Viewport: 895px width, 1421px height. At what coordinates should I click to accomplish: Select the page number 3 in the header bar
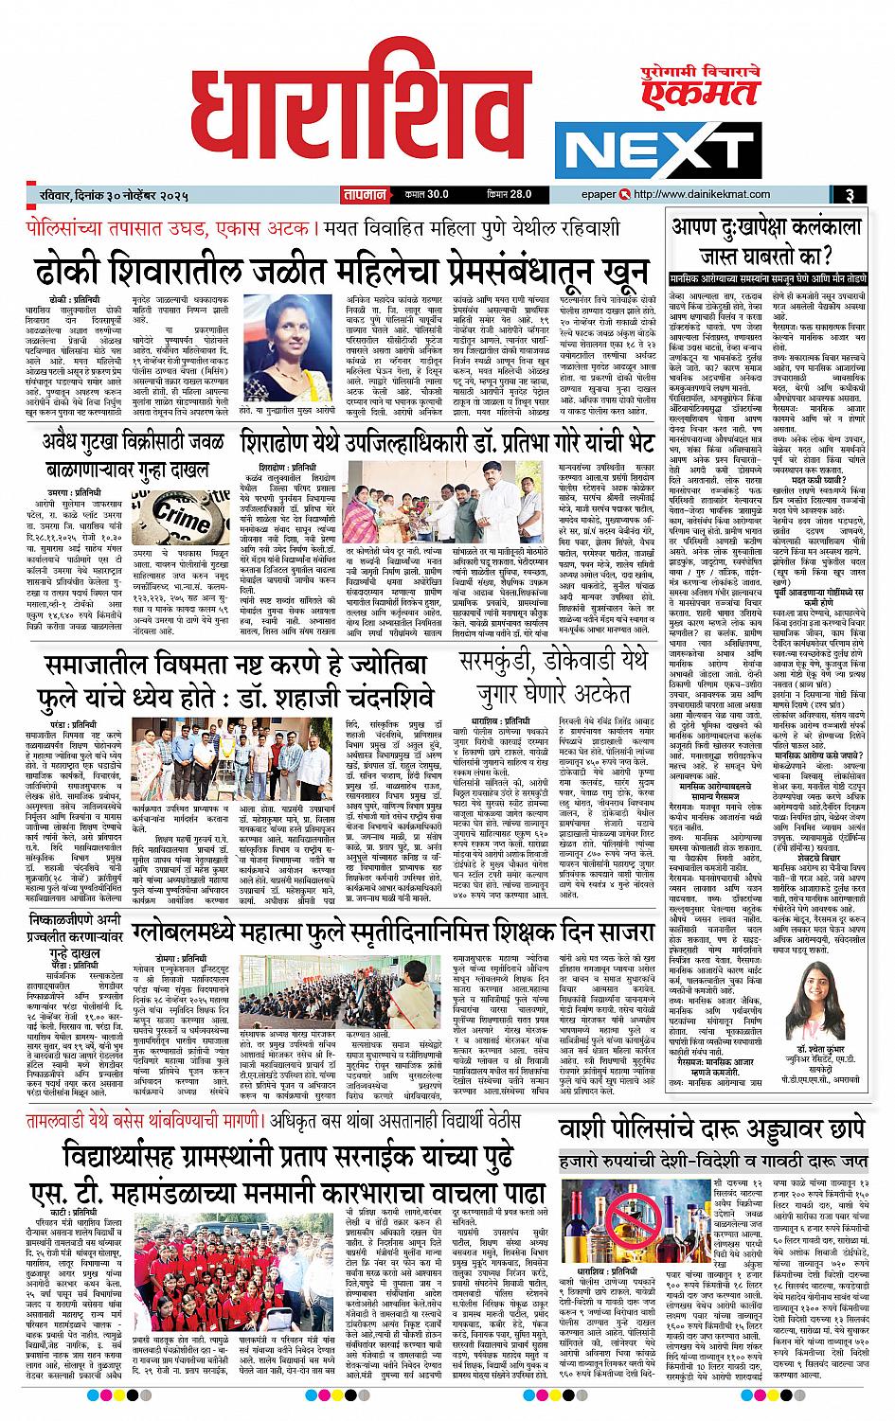point(851,195)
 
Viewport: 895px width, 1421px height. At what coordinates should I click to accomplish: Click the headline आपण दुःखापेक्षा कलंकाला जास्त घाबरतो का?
point(766,240)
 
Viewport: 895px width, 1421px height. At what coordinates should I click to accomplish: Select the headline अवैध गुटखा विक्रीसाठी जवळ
point(128,440)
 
